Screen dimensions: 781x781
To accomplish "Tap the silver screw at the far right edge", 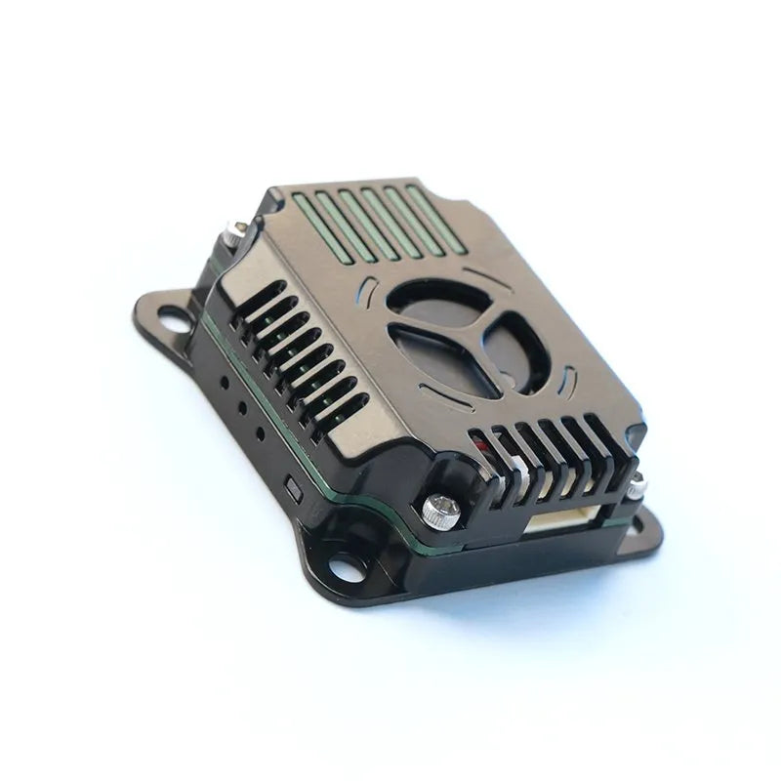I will [638, 482].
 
